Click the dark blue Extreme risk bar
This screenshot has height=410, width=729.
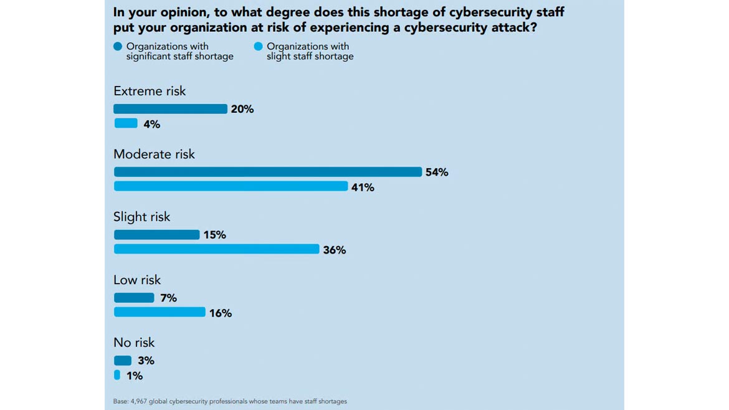pos(170,109)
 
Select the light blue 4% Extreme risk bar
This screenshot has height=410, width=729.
pos(125,123)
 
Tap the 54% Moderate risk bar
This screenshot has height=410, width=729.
pos(268,172)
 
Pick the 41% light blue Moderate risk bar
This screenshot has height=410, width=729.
pos(231,186)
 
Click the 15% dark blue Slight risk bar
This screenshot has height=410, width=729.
pos(156,235)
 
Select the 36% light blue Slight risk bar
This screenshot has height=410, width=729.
pos(216,249)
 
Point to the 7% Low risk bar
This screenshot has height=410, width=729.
pos(134,298)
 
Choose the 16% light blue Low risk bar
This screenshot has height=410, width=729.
pos(160,312)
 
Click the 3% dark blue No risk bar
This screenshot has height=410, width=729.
pos(123,361)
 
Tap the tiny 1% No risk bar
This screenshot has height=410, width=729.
pos(117,375)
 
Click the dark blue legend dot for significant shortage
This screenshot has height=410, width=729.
pos(118,46)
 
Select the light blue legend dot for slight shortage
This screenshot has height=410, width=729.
pos(258,46)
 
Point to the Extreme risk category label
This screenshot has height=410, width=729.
pos(150,91)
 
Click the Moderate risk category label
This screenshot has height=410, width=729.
pos(154,154)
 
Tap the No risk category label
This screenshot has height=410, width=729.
pos(134,343)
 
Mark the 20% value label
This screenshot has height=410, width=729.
pos(242,109)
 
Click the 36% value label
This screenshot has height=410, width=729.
pos(334,250)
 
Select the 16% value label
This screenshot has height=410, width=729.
pos(221,313)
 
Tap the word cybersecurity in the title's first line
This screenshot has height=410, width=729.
pos(454,12)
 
